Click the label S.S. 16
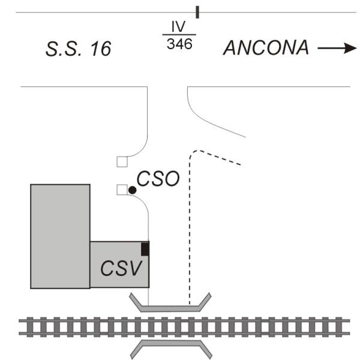coord(79,49)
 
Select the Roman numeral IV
coord(178,28)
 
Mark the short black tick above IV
coord(197,11)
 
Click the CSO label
coord(158,179)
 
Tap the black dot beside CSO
coord(132,190)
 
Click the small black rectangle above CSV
coord(145,248)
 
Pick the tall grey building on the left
coord(60,236)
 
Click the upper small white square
coord(122,161)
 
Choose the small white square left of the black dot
coord(122,190)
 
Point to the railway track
coord(180,326)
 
